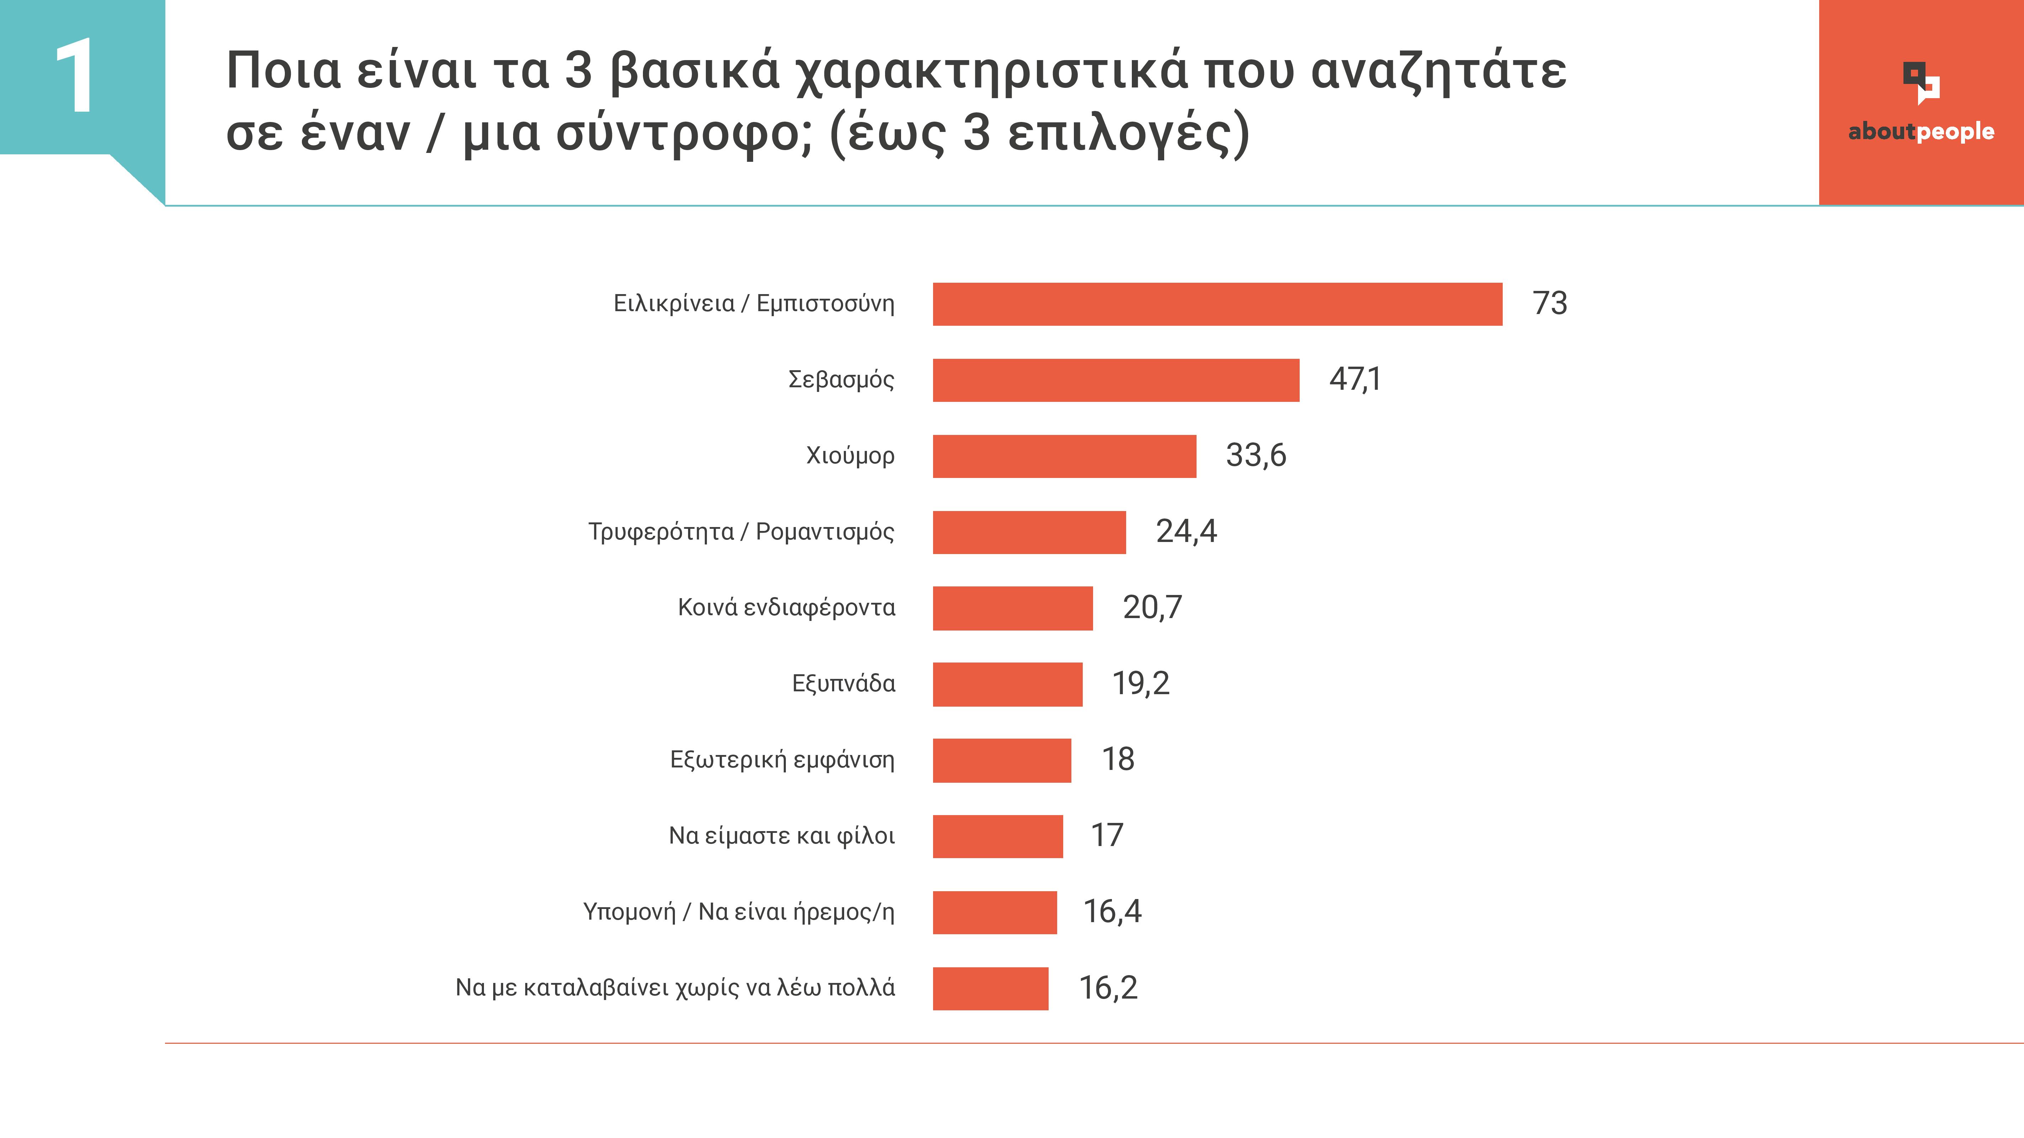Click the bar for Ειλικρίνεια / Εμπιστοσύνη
tap(1217, 304)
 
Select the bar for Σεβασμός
tap(1116, 381)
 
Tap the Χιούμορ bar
tap(1064, 456)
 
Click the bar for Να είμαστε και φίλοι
tap(997, 836)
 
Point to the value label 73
tap(1549, 303)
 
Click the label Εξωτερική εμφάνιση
tap(782, 760)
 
